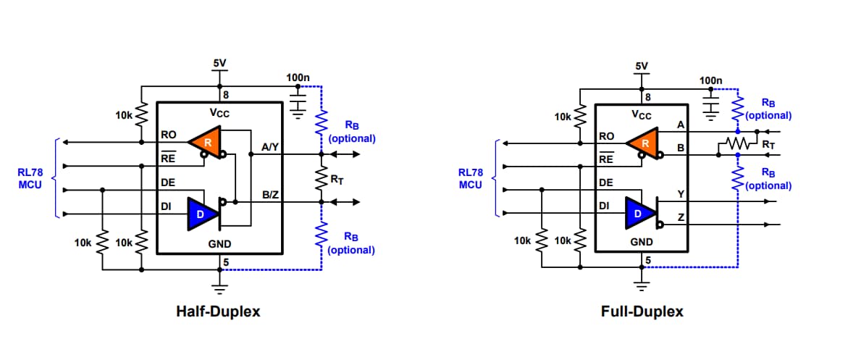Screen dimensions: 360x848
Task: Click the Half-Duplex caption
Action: [x=218, y=311]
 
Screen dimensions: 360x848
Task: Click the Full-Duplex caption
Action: [x=642, y=311]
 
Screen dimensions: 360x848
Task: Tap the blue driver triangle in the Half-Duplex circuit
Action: [x=201, y=214]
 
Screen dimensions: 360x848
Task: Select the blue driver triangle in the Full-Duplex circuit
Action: [x=639, y=214]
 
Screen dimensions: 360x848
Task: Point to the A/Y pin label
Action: [x=269, y=148]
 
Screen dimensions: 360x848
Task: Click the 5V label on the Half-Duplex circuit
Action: [x=219, y=64]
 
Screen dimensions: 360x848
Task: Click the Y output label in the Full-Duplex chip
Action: [x=680, y=194]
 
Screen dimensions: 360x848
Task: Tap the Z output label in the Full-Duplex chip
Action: [x=680, y=218]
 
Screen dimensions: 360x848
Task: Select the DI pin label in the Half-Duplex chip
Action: [x=166, y=207]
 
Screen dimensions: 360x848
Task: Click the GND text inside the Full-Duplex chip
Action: [x=641, y=242]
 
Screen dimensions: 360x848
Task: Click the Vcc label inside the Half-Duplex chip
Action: [x=220, y=113]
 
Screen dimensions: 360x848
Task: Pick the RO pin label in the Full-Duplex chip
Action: [x=607, y=135]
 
